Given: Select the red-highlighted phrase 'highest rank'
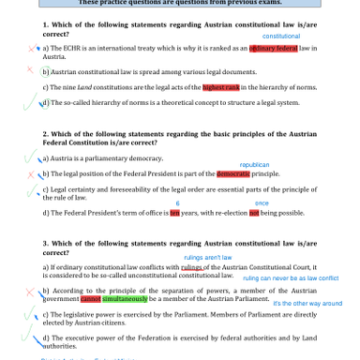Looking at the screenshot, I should (220, 86).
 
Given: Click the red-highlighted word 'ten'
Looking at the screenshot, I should (174, 213).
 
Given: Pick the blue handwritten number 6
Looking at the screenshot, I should (178, 202).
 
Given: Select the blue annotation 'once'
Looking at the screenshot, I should (262, 202).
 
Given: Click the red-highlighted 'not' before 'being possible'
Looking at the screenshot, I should (253, 213).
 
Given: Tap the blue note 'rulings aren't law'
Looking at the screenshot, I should (207, 256).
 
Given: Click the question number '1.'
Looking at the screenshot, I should (46, 24).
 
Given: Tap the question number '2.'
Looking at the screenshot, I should (46, 134).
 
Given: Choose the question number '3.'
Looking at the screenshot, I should (46, 243).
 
